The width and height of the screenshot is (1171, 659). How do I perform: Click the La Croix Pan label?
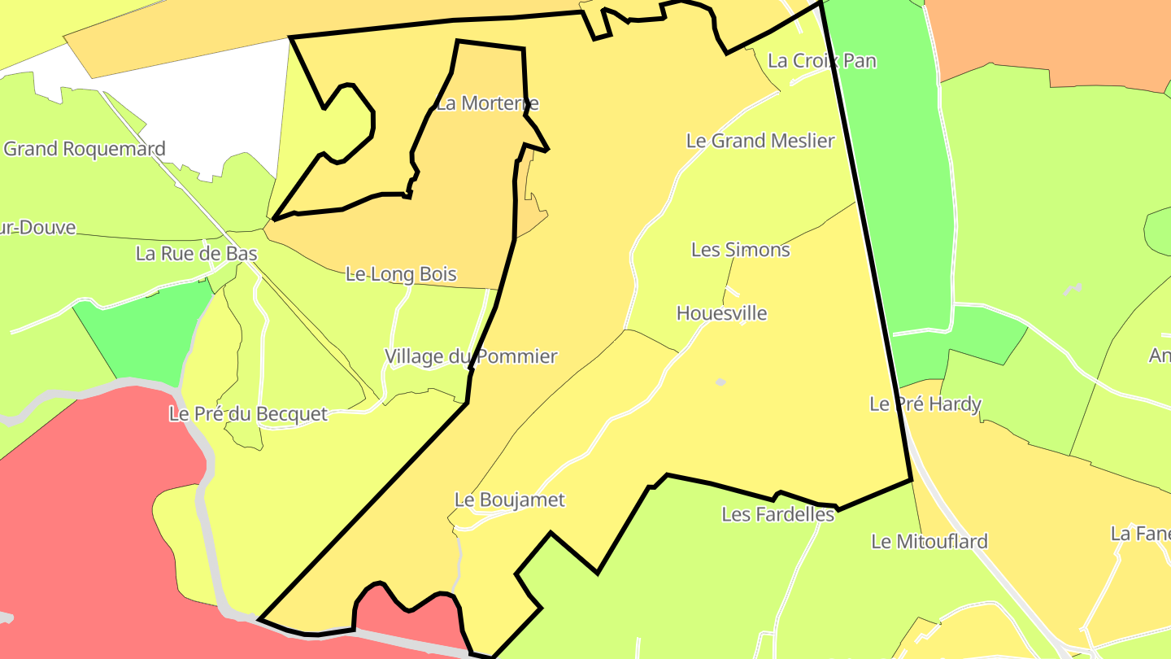point(821,61)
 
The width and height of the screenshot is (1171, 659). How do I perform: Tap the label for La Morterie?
point(487,104)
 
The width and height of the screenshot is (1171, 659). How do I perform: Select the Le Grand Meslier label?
point(760,141)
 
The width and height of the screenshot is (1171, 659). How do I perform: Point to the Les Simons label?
point(740,250)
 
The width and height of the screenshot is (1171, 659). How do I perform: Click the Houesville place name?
point(721,313)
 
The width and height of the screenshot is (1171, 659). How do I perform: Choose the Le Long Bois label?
point(401,274)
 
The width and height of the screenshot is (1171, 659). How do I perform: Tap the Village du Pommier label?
point(471,356)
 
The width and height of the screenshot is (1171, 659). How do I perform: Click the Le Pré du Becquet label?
point(248,414)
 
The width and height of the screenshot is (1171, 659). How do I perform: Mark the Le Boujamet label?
point(509,500)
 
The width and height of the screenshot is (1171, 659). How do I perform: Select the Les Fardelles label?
point(777,514)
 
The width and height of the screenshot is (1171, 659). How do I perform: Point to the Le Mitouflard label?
point(929,541)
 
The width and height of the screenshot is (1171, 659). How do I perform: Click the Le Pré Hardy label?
point(925,404)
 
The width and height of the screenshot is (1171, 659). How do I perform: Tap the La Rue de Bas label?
point(197,254)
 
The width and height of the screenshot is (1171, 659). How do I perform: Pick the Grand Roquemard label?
point(84,149)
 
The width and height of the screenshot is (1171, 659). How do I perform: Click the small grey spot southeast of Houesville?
point(720,382)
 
